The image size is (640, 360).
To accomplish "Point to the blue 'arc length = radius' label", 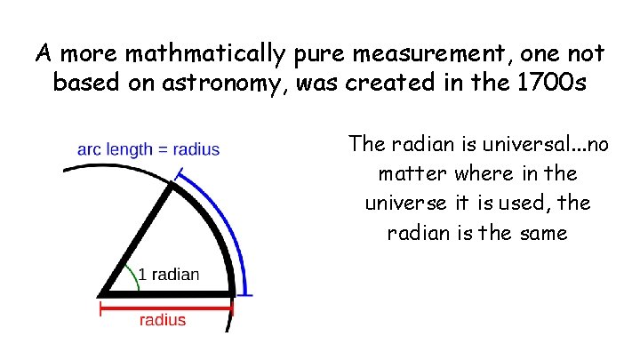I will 148,149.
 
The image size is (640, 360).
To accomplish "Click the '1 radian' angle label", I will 168,274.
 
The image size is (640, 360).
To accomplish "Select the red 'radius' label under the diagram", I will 163,320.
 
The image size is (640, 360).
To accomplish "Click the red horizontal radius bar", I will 166,308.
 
